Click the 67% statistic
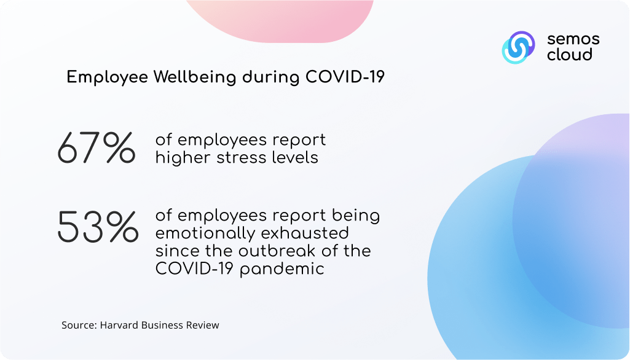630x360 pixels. [96, 148]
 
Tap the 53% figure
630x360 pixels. [98, 227]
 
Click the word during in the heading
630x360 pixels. [271, 76]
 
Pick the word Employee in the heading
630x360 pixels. [108, 77]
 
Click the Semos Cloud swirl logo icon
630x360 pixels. [518, 47]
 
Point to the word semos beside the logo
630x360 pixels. [573, 39]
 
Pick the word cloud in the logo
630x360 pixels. [570, 54]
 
